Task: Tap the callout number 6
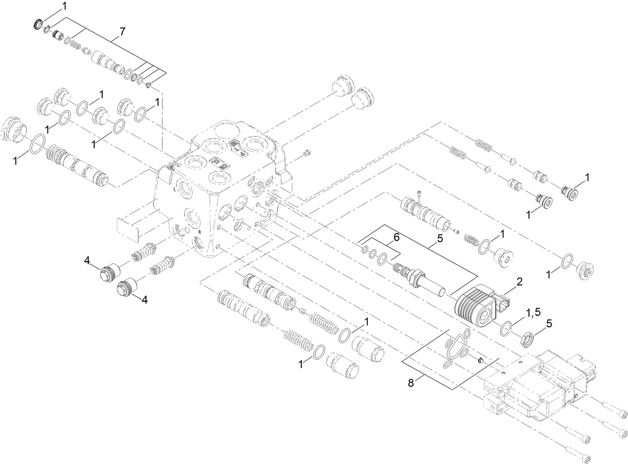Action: pyautogui.click(x=397, y=238)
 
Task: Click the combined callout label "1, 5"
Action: pyautogui.click(x=533, y=312)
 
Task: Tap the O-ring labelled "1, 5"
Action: pyautogui.click(x=505, y=327)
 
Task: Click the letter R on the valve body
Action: pyautogui.click(x=199, y=233)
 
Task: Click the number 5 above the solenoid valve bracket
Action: pyautogui.click(x=440, y=239)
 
